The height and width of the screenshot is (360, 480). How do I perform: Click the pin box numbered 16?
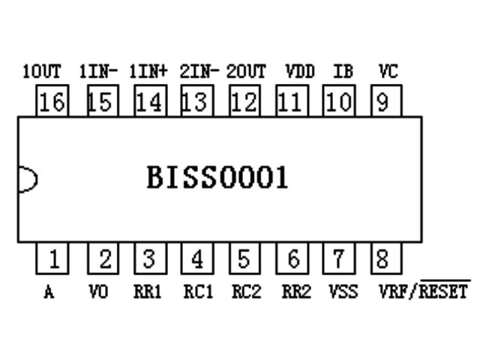(52, 101)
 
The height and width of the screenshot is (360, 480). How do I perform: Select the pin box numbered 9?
(383, 101)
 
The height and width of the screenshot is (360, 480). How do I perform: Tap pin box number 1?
(52, 259)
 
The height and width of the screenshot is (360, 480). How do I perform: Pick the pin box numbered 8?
(383, 259)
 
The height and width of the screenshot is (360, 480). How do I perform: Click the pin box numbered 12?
(243, 101)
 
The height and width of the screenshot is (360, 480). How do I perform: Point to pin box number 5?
(243, 259)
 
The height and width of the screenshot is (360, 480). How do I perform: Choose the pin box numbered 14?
(149, 101)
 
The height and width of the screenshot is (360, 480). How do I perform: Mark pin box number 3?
(149, 259)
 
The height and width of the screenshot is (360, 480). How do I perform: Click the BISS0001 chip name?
(217, 178)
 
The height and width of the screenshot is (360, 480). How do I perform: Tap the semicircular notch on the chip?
(27, 178)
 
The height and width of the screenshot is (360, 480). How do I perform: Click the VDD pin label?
(300, 72)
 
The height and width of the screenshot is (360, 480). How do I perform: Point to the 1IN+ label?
(148, 72)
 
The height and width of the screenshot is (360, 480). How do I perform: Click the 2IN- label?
(199, 72)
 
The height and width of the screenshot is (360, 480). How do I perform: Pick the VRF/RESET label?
(424, 291)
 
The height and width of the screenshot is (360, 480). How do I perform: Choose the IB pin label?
(342, 72)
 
